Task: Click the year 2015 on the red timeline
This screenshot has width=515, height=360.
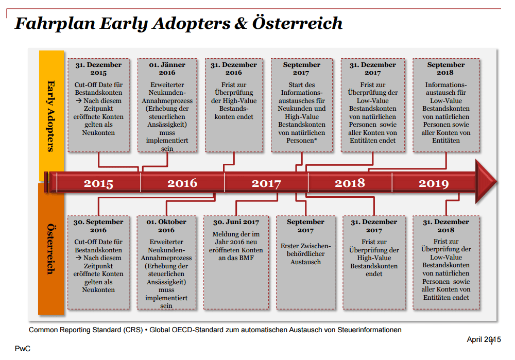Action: click(x=98, y=183)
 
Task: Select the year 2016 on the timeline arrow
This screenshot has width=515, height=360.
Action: click(x=182, y=183)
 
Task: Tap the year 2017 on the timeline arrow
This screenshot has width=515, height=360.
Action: click(x=266, y=183)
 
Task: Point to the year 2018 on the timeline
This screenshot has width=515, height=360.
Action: click(x=350, y=183)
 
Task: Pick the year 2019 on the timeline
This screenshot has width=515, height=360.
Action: click(x=434, y=183)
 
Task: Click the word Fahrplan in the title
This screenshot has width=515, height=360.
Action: click(x=55, y=24)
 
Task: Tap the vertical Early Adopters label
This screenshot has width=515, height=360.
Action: click(x=50, y=116)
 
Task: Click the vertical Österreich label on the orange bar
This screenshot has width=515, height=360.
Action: click(x=50, y=249)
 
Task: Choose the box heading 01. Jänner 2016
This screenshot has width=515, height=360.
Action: click(x=167, y=68)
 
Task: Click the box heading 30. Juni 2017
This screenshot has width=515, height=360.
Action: click(x=236, y=222)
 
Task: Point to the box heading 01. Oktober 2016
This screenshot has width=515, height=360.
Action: click(x=166, y=226)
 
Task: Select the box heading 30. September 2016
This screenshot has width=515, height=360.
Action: click(x=98, y=226)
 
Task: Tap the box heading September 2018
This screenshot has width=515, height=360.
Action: click(x=445, y=68)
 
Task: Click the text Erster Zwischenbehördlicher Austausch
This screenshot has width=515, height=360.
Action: click(x=305, y=254)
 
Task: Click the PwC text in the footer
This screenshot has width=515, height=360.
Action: click(x=23, y=349)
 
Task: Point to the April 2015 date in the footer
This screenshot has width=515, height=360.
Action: click(x=484, y=339)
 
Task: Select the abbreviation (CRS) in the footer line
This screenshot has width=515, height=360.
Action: click(x=133, y=330)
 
